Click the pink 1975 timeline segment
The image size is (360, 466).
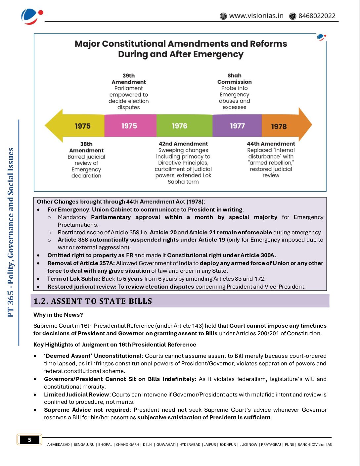click(130, 126)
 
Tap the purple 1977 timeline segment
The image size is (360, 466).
click(237, 126)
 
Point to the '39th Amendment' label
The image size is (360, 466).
click(129, 79)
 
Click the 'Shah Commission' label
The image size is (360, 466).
click(234, 79)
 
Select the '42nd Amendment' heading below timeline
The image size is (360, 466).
click(183, 144)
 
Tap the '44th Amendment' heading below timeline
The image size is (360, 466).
click(271, 144)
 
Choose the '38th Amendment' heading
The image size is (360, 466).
click(86, 147)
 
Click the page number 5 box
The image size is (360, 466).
click(29, 440)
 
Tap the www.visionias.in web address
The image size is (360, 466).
click(256, 16)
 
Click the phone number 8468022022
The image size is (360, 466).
click(317, 16)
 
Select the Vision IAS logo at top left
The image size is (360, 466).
click(31, 17)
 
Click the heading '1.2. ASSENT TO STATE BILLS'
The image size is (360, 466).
click(93, 301)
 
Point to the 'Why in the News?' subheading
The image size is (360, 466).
click(58, 315)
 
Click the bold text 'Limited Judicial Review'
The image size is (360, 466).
click(76, 395)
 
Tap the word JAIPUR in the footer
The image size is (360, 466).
click(210, 444)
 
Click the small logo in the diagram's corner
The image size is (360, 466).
click(321, 37)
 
